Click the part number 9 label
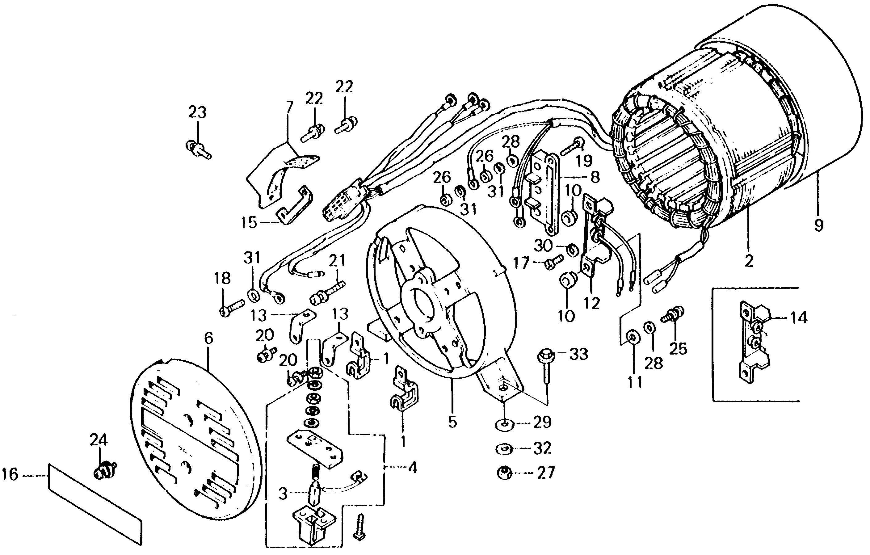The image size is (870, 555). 819,225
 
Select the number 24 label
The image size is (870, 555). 99,440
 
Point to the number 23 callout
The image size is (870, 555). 198,112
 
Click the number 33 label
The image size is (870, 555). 579,355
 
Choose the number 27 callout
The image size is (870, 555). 545,473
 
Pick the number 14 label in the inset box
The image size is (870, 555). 798,318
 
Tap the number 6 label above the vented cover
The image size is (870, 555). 208,338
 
